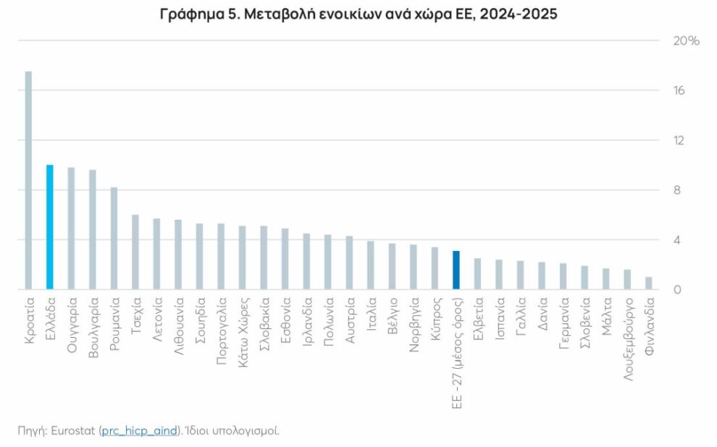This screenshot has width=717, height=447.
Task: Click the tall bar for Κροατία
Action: pyautogui.click(x=28, y=181)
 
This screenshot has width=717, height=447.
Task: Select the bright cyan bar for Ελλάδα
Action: pyautogui.click(x=49, y=227)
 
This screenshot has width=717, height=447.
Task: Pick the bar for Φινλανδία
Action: pyautogui.click(x=649, y=283)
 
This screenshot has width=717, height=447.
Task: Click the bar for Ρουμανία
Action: pyautogui.click(x=114, y=238)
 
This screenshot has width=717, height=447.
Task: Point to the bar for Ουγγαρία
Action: pyautogui.click(x=71, y=229)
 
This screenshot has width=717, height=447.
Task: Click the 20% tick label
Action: pyautogui.click(x=686, y=41)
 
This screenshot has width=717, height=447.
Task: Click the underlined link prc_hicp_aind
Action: pyautogui.click(x=138, y=430)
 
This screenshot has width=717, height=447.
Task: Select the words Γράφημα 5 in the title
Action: pyautogui.click(x=196, y=14)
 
